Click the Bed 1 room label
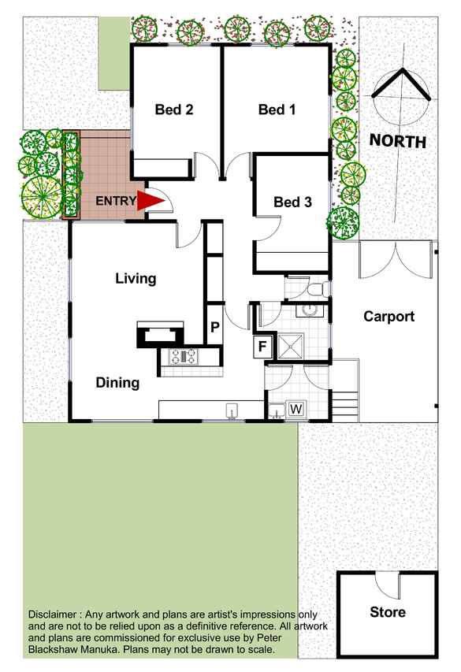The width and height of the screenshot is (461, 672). point(277,110)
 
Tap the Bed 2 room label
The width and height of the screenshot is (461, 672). point(174,110)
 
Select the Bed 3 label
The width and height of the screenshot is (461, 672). point(293,202)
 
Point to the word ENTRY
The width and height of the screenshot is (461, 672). point(116,201)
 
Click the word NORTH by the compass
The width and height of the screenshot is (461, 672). point(398,141)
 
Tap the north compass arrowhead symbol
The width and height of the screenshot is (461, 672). point(401,84)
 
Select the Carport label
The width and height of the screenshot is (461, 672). point(389,316)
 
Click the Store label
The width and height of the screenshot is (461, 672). point(388,612)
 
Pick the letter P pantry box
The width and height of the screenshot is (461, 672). point(215,327)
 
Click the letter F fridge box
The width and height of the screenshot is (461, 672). point(262,345)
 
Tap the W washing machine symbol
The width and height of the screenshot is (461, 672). point(296,409)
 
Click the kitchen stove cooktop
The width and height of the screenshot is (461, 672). point(184,357)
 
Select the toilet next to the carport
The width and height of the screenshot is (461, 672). point(318,289)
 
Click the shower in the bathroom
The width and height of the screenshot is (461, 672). point(290,345)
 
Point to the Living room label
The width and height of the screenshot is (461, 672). point(136,279)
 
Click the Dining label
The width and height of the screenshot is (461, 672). point(117,382)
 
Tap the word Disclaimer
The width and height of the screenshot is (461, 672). point(53,614)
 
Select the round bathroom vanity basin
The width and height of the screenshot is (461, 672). point(309,310)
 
